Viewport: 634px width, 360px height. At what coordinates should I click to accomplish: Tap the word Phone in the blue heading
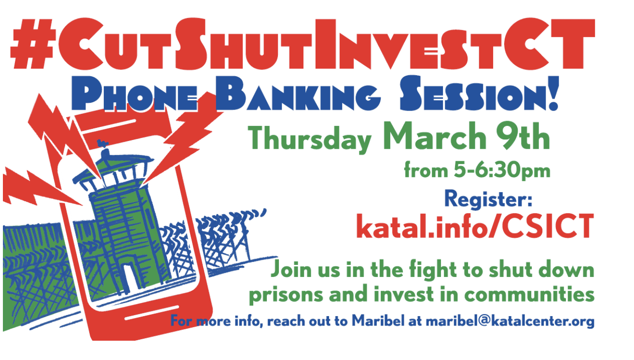(x=135, y=94)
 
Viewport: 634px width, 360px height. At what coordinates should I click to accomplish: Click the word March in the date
(x=434, y=136)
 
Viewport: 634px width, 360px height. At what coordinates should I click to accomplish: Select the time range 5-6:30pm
(x=502, y=170)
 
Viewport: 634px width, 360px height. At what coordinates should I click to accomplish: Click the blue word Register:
(x=488, y=199)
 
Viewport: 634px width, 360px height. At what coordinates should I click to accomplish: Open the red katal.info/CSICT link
(x=475, y=226)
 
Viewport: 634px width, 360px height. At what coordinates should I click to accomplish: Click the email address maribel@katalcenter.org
(x=510, y=321)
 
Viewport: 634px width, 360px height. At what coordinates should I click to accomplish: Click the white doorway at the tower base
(x=130, y=278)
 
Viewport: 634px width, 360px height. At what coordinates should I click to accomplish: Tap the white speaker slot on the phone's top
(x=109, y=126)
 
